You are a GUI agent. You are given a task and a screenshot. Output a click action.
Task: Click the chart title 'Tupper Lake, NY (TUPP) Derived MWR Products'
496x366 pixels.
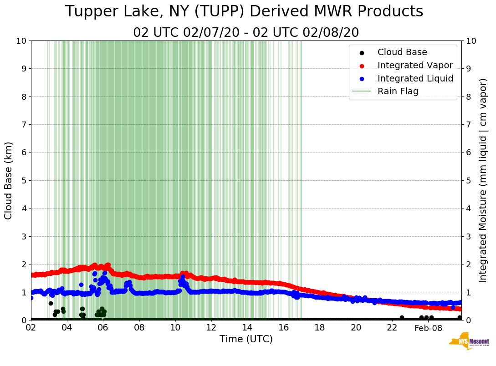click(x=244, y=12)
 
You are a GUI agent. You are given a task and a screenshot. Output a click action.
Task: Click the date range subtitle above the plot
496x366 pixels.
click(x=246, y=33)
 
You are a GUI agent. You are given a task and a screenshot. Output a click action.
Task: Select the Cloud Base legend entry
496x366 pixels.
click(x=402, y=52)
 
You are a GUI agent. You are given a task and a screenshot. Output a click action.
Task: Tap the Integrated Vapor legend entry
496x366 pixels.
click(x=415, y=65)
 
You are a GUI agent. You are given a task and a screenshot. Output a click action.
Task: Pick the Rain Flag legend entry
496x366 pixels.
click(x=398, y=91)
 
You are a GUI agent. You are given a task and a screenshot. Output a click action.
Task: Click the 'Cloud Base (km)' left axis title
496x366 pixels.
click(x=9, y=180)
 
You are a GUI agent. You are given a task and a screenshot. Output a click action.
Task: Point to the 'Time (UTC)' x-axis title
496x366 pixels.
click(x=246, y=339)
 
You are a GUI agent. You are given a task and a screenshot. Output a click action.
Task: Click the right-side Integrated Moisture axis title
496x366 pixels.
click(x=483, y=180)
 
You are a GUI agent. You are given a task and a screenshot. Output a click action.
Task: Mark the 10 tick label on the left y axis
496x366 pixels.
click(x=20, y=41)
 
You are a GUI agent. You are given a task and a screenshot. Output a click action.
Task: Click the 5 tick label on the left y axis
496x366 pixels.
click(x=23, y=180)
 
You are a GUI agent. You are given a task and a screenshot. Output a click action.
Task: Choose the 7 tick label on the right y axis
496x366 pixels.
click(x=469, y=124)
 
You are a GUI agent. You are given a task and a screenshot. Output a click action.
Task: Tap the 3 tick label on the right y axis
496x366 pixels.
click(x=469, y=236)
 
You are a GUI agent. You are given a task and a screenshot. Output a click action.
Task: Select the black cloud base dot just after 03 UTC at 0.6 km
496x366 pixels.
click(x=51, y=303)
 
